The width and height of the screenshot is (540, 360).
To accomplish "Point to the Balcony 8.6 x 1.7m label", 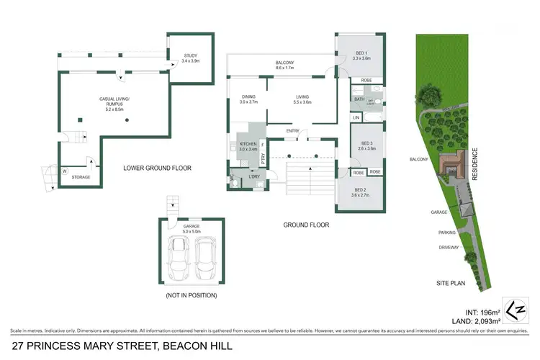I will (284, 66).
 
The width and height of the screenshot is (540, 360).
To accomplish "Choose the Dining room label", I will (248, 99).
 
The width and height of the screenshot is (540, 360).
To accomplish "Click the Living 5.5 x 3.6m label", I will (302, 99).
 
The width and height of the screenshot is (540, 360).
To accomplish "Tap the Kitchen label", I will (248, 147).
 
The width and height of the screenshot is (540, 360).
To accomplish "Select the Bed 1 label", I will (362, 55).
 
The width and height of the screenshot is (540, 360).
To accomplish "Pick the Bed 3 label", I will (366, 147).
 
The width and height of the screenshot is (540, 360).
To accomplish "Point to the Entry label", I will (292, 131).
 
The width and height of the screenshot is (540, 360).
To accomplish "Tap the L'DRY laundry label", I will (253, 177).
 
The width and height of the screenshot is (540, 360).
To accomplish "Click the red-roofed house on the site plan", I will (452, 165).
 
